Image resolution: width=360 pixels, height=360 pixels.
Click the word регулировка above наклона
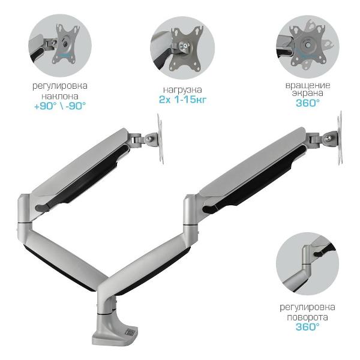[59, 86]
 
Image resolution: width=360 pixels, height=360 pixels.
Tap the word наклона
[59, 96]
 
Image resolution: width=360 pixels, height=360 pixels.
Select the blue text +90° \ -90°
[59, 106]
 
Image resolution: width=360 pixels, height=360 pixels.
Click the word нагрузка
[182, 89]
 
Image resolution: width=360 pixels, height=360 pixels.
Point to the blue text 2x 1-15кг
[182, 100]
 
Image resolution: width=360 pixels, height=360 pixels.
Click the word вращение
[308, 85]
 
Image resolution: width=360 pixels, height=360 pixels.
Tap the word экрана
[308, 93]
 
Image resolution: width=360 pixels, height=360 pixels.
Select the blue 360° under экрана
[308, 103]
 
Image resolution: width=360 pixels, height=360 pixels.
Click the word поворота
[307, 317]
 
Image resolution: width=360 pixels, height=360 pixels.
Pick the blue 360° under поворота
[307, 327]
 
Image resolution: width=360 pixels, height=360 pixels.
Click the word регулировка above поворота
[307, 307]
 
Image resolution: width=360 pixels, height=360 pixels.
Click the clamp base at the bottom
[115, 330]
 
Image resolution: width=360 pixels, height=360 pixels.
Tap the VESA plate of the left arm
[160, 139]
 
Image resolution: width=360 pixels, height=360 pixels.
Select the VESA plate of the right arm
[340, 138]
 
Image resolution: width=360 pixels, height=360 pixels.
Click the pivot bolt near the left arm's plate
[149, 139]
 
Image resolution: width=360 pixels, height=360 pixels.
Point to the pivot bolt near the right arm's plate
[329, 138]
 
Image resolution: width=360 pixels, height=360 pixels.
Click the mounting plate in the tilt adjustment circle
[66, 44]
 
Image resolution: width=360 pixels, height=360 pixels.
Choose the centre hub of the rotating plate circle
[308, 44]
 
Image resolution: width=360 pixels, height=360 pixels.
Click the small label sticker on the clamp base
[130, 332]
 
